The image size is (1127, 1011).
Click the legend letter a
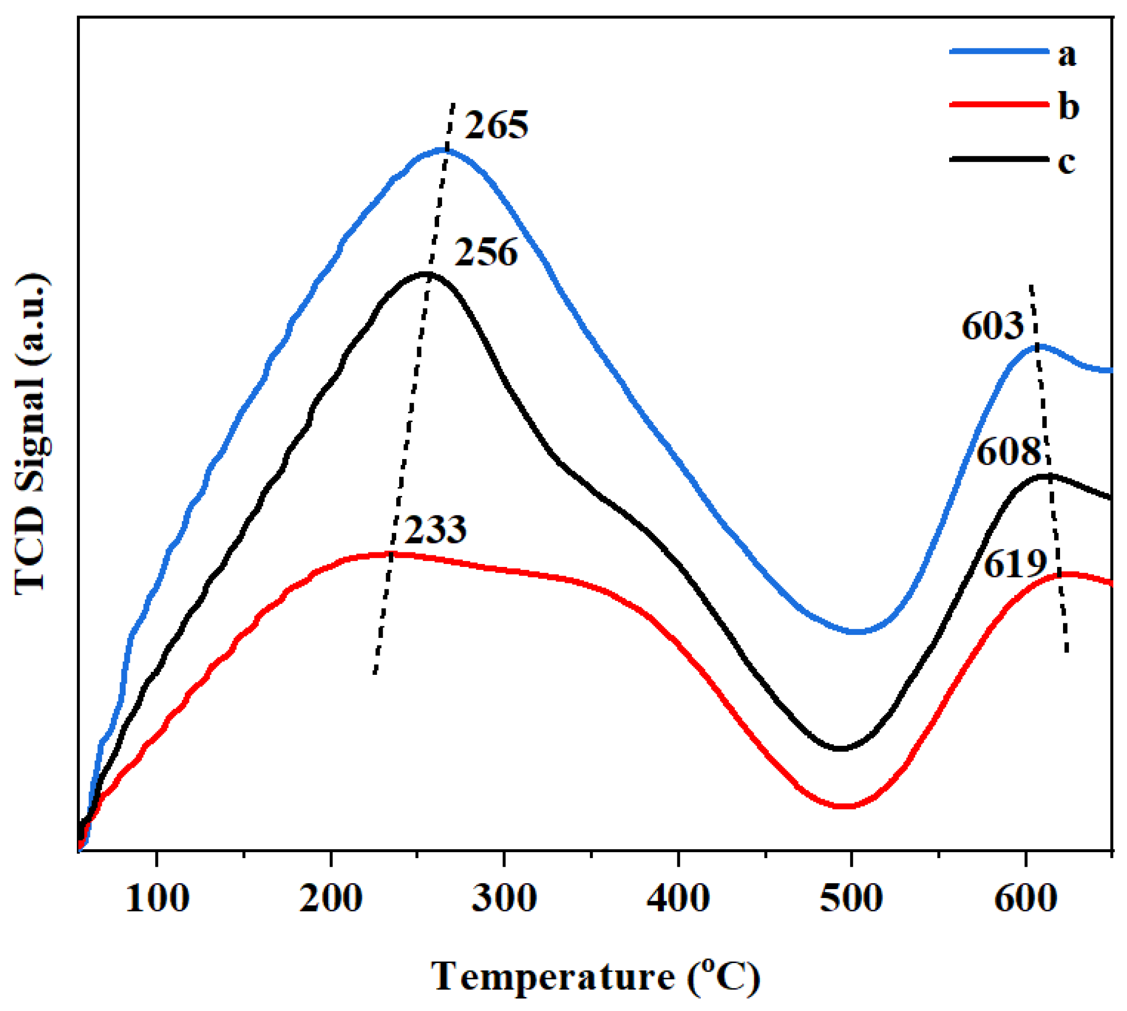[x=1067, y=54]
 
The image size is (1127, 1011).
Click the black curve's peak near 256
[x=426, y=273]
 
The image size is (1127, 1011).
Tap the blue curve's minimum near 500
[x=856, y=631]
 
